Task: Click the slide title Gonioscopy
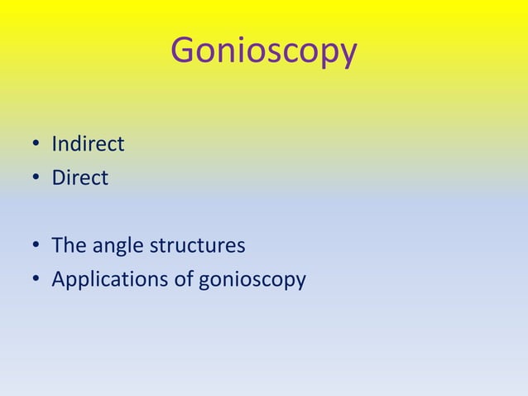pos(263,51)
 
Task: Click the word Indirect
pos(88,145)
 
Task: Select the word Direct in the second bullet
pos(79,178)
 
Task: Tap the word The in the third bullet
pos(66,246)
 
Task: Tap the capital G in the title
pos(182,51)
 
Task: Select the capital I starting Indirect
pos(54,145)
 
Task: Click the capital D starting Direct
pos(58,178)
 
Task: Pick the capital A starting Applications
pos(59,279)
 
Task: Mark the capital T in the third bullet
pos(57,246)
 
